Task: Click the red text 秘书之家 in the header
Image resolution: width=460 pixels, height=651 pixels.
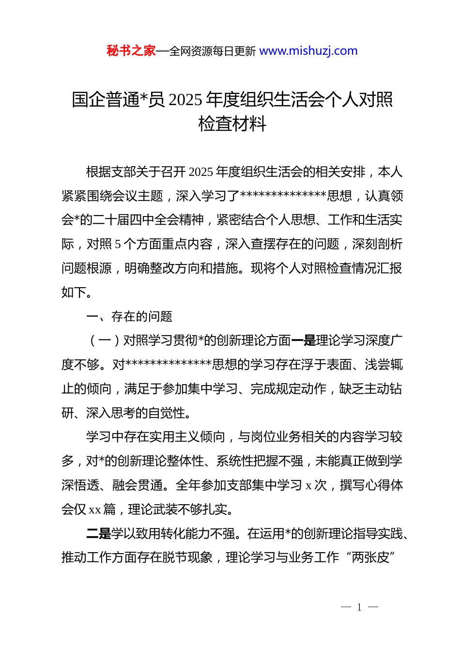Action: (131, 51)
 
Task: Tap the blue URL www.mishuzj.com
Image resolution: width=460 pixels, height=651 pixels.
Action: (308, 51)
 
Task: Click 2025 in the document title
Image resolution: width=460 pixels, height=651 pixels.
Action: (186, 100)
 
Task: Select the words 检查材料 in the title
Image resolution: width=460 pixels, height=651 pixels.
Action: (232, 124)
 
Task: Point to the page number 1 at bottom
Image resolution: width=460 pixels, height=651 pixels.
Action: (359, 607)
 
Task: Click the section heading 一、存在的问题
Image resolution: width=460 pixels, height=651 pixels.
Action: (129, 316)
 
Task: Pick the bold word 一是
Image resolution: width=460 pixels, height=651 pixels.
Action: (303, 341)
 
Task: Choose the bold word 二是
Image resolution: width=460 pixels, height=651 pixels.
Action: (99, 533)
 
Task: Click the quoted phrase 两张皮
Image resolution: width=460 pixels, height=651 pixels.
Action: (371, 558)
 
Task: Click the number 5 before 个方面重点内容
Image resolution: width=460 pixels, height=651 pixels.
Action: (118, 244)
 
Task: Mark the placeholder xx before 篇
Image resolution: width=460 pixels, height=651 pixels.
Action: (95, 510)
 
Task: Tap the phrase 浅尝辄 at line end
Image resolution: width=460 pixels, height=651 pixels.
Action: (383, 365)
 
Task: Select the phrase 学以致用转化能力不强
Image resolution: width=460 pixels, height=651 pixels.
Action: (173, 533)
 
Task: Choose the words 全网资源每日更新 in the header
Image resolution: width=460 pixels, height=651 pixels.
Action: (213, 51)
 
